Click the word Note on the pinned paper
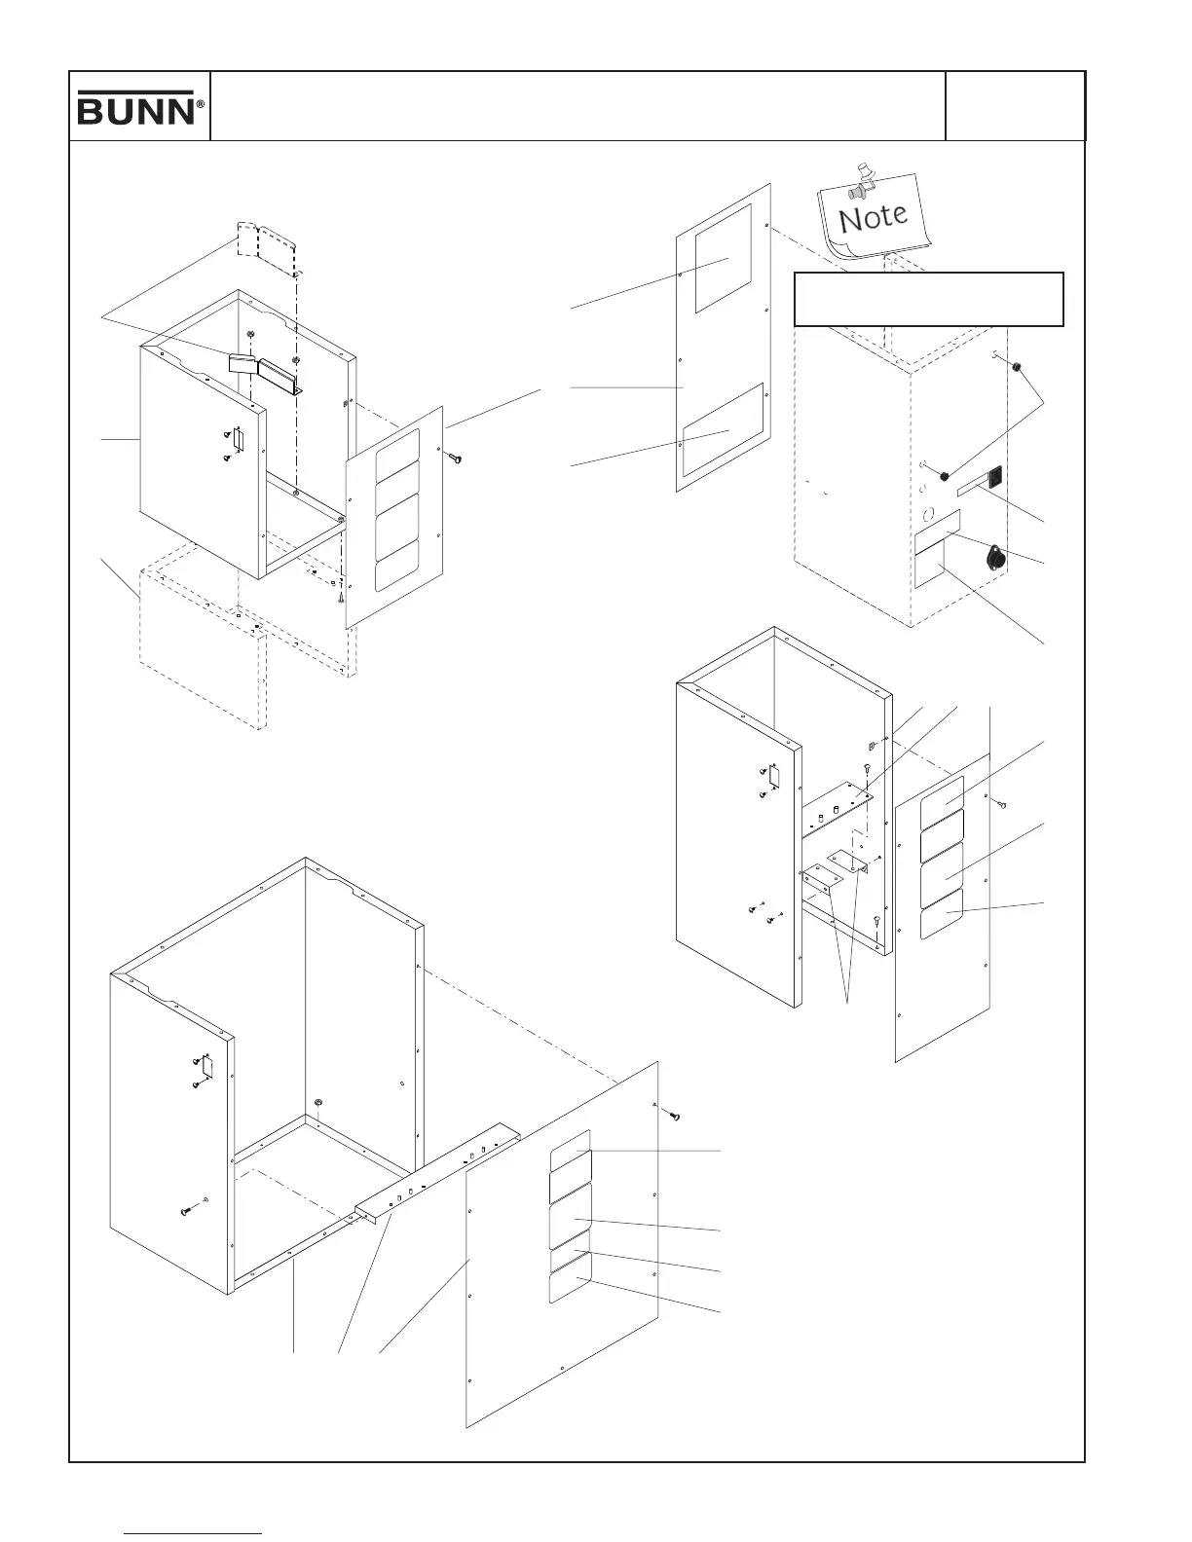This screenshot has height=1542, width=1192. pos(874,215)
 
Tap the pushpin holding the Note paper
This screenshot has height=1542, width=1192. pos(861,181)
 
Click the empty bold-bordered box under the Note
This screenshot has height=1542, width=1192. pos(928,299)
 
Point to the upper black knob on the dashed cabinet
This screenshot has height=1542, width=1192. pos(1016,367)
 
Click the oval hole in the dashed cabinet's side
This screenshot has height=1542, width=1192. pos(928,512)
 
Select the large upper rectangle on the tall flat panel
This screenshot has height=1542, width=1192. pos(722,258)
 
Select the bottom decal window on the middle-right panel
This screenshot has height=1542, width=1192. pos(943,915)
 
